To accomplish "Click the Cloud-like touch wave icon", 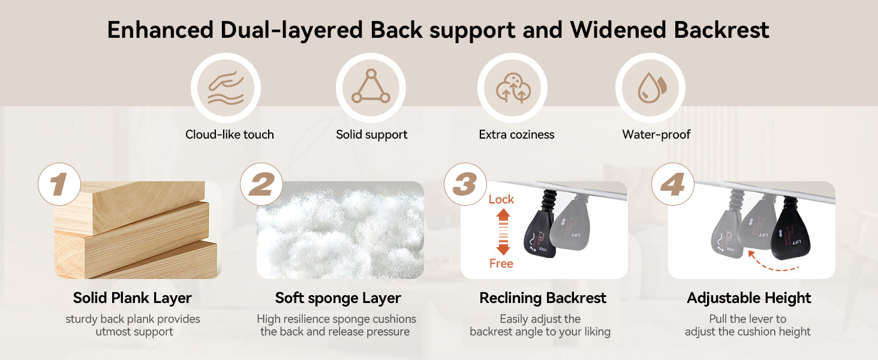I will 225,88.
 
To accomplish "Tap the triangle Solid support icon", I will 371,88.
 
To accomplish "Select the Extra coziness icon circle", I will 512,88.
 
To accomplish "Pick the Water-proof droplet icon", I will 650,88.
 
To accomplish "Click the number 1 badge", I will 59,184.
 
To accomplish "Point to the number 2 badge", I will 261,184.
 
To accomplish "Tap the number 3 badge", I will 465,184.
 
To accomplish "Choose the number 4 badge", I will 672,184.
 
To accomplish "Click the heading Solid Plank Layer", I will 133,298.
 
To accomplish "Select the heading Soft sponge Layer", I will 338,298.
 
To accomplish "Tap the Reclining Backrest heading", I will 543,298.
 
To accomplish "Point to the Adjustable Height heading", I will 748,298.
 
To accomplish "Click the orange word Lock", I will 501,199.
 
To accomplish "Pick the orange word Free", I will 501,263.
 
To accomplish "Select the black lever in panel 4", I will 791,235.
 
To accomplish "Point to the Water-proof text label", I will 656,134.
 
